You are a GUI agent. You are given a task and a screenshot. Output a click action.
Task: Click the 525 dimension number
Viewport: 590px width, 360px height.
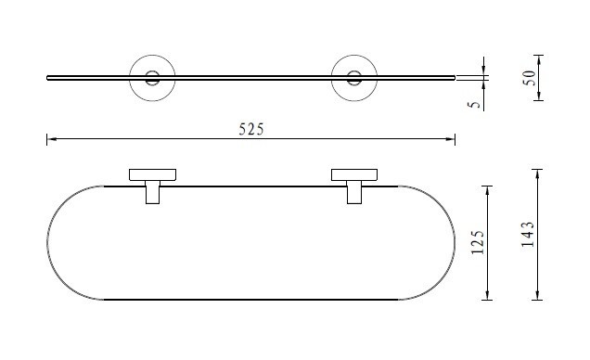tap(251, 129)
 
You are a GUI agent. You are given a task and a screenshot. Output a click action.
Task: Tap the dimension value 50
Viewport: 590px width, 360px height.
tap(529, 78)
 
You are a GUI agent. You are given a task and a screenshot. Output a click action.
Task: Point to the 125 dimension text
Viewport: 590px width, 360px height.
tap(478, 242)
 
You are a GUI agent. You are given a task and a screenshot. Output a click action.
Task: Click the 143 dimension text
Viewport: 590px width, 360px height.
tap(528, 234)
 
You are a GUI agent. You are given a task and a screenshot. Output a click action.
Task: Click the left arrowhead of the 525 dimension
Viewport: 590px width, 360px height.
tap(52, 139)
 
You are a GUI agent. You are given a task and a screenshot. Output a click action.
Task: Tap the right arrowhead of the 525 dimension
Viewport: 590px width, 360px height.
tap(451, 139)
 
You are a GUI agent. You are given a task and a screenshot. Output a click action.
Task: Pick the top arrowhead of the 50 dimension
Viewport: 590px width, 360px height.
tap(539, 59)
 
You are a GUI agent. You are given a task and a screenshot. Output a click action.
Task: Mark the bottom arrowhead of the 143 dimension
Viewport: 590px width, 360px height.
tap(537, 295)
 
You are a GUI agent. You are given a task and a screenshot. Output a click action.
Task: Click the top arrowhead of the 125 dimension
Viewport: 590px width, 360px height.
tap(487, 191)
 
